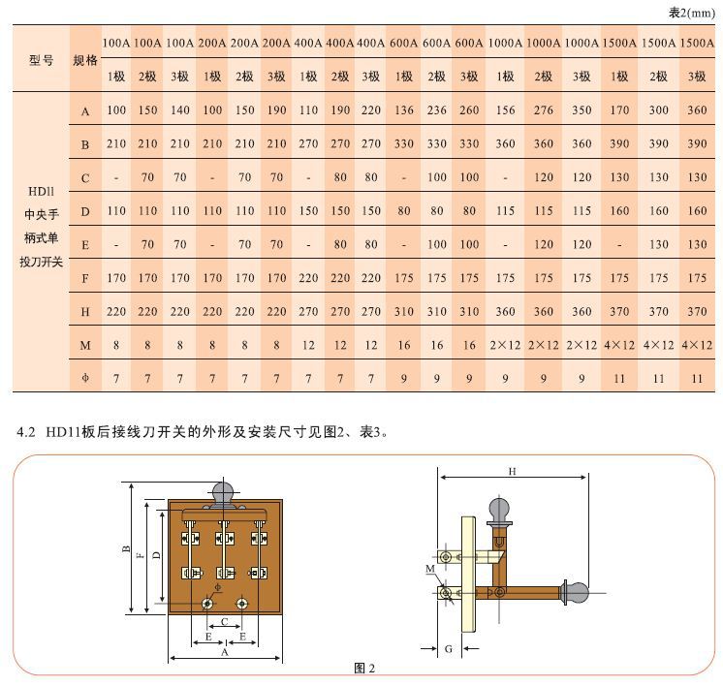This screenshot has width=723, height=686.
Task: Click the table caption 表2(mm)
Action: point(692,13)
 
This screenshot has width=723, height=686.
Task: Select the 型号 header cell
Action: point(41,60)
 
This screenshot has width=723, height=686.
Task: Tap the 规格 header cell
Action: point(85,60)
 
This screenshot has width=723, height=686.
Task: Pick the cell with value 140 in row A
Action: point(180,110)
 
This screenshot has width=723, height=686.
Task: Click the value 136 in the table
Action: point(404,110)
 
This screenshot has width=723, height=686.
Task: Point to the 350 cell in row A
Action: point(582,110)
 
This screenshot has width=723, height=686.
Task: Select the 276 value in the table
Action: point(543,110)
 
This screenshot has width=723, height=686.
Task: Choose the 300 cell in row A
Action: point(658,110)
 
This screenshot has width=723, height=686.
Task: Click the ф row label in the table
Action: point(85,379)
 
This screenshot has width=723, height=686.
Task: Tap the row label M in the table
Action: point(85,345)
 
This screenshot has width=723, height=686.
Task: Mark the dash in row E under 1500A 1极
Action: point(619,245)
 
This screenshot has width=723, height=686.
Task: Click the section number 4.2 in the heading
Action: point(26,432)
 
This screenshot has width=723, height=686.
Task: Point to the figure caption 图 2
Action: point(364,668)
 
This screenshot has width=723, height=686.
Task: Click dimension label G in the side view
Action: point(448,649)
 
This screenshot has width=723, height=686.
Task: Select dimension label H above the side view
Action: point(512,471)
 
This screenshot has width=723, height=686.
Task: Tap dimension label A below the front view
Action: point(225,652)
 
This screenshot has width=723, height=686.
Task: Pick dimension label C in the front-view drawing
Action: point(225,622)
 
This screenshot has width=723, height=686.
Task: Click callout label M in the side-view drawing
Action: point(429,569)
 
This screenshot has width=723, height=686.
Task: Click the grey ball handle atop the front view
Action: point(223,491)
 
